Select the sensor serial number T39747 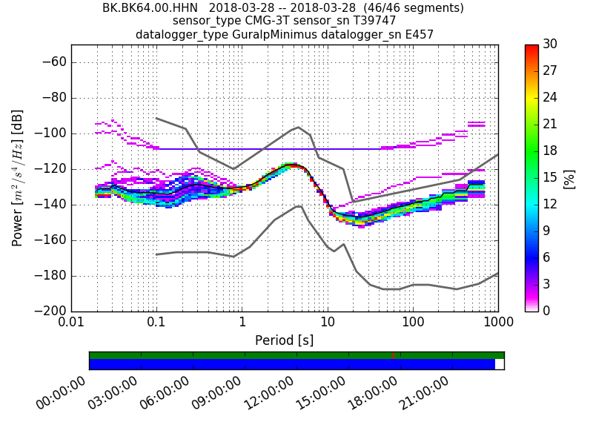click(x=368, y=22)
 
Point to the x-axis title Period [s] click(x=285, y=340)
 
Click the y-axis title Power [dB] click(x=18, y=178)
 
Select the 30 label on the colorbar click(x=550, y=45)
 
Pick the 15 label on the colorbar click(x=550, y=178)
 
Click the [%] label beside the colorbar click(x=569, y=178)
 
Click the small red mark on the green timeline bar click(x=393, y=355)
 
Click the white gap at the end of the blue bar click(x=500, y=364)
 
